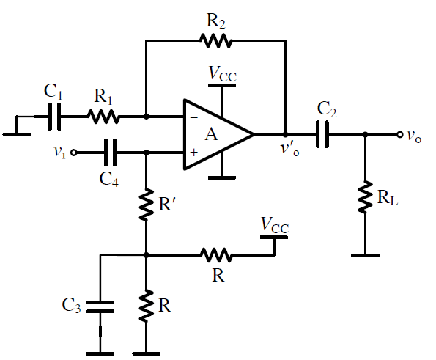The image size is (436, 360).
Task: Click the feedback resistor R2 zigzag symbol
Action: tap(215, 41)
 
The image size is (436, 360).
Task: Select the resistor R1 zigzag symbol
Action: tap(104, 117)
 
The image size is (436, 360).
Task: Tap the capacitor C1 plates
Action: tap(54, 117)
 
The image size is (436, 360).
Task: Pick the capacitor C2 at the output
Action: tap(322, 134)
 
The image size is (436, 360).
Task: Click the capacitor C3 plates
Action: tap(100, 306)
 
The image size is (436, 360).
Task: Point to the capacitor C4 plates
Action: tap(110, 153)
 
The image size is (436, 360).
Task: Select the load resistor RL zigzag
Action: tap(365, 197)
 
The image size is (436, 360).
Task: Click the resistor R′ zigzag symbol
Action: tap(146, 205)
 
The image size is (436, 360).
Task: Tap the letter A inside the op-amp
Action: tap(211, 135)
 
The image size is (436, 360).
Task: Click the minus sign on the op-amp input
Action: tap(193, 118)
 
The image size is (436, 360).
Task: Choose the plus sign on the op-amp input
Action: tap(193, 153)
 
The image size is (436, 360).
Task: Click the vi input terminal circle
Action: tap(74, 153)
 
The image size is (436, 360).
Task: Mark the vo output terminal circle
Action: tap(399, 135)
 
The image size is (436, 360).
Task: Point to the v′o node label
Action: tap(289, 149)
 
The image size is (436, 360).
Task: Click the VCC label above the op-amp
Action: tap(223, 74)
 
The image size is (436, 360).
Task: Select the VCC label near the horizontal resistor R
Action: tap(275, 225)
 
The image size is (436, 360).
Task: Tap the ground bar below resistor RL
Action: tap(365, 255)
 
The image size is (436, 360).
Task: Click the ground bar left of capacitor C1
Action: tap(17, 135)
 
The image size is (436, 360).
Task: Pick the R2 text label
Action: tap(215, 21)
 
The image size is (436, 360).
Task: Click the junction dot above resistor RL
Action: tap(365, 135)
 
